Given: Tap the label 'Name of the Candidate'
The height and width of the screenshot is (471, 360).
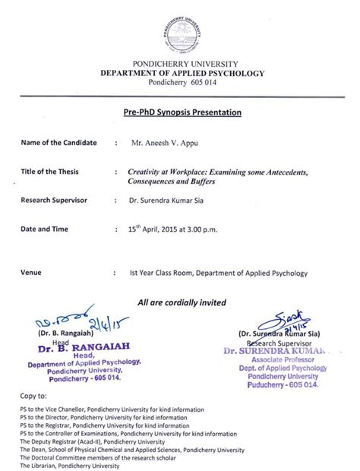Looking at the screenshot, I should (57, 143).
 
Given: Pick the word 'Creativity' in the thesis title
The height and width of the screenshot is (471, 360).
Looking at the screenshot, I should (147, 172).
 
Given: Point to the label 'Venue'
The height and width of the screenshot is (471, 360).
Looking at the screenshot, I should (33, 272).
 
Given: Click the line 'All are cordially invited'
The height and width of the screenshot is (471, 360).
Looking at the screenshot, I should (182, 302).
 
